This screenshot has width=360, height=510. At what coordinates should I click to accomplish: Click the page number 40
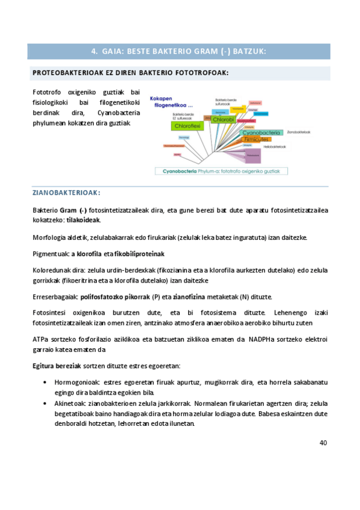[x=323, y=443]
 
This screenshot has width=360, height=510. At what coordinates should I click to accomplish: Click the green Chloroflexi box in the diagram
[x=186, y=126]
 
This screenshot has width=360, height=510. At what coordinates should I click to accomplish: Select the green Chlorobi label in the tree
[x=223, y=120]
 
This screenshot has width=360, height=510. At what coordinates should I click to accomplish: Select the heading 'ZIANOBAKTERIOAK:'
[x=66, y=193]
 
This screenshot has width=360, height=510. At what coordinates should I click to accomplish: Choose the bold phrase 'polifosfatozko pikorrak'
[x=114, y=297]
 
